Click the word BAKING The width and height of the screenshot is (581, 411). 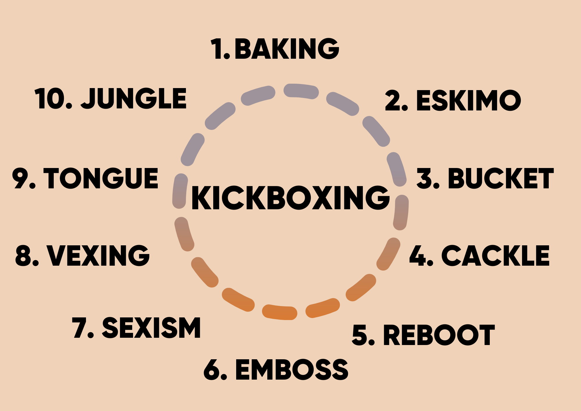(287, 49)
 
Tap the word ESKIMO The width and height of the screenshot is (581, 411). (469, 100)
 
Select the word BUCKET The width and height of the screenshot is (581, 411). (501, 178)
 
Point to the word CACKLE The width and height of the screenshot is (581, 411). (495, 256)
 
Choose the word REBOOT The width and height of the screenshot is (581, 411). (439, 335)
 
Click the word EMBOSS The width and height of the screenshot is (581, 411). (292, 369)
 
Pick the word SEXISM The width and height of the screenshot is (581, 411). (151, 328)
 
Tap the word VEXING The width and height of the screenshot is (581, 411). (98, 255)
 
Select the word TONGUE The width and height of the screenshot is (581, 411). (101, 178)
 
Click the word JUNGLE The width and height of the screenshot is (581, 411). (134, 99)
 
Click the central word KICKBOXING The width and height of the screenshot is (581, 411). (290, 198)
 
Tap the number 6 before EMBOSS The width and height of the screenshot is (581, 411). (212, 369)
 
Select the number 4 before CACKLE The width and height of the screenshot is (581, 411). (418, 256)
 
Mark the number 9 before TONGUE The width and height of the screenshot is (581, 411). (20, 178)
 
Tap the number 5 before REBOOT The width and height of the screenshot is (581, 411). (360, 335)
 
